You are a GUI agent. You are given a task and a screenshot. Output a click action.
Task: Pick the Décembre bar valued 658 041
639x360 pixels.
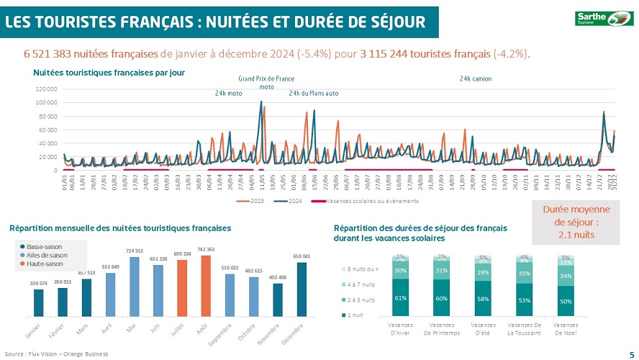coord(302,289)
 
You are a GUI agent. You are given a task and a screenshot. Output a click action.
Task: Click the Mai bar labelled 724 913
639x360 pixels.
coord(133,287)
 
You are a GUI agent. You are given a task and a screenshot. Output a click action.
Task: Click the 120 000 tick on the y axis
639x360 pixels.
coord(45,89)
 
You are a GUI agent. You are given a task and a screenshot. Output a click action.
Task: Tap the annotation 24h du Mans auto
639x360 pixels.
coord(313,94)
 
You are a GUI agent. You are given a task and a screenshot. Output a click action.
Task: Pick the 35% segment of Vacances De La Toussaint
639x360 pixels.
coord(525,274)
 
